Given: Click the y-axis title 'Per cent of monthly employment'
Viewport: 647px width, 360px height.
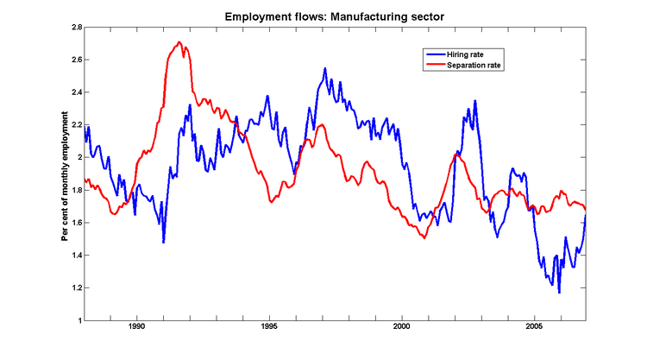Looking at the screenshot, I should point(65,174).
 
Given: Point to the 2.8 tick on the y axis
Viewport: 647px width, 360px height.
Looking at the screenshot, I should point(75,28).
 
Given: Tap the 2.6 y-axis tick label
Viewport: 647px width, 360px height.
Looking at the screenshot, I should point(75,60).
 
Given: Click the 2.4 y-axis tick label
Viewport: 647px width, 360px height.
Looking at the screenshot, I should point(75,92).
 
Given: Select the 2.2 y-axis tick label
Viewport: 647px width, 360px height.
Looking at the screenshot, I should point(75,125).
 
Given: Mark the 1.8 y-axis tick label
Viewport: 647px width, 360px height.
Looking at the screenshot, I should point(75,190).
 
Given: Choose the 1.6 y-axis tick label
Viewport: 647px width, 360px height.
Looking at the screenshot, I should point(75,223).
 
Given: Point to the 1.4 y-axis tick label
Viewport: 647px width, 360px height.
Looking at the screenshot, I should point(75,256).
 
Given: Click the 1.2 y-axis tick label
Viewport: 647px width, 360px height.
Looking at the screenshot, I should point(75,287).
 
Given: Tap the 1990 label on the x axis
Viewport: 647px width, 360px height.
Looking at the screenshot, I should point(136,329).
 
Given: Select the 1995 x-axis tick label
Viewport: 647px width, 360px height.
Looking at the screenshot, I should point(269,329).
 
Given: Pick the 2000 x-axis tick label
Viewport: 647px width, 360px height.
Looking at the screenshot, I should point(402,329).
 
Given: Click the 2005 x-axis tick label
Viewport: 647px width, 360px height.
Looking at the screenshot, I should point(534,329).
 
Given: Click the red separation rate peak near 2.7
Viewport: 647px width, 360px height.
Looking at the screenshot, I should point(179,42).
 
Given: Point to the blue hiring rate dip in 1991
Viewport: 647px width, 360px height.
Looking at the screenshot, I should point(163,243).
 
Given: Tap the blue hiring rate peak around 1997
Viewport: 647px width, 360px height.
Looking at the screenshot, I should point(325,68).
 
